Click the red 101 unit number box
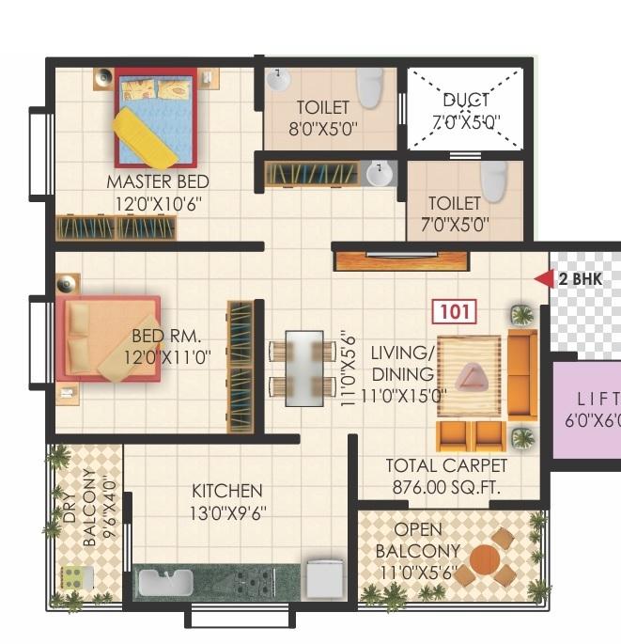pos(455,311)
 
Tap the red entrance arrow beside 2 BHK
pos(543,278)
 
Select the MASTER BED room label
pos(157,181)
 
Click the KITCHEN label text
pos(226,491)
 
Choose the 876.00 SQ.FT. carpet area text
pos(446,486)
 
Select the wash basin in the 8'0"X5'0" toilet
pos(278,81)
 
